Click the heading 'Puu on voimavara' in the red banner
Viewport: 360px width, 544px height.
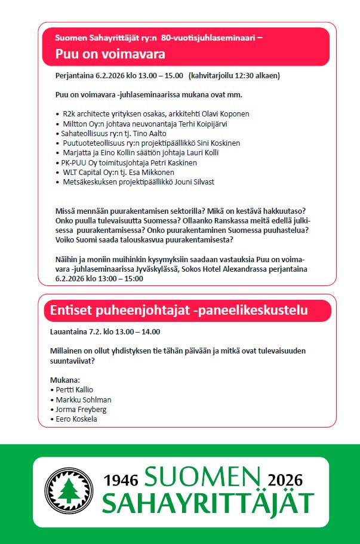110,54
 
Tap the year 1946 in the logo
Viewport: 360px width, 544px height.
121,480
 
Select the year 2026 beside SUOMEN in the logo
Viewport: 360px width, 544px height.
285,480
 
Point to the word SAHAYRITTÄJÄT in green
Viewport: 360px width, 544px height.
208,503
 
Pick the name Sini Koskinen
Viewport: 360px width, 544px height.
216,143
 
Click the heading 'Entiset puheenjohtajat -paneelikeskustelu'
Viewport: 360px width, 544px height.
179,310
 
